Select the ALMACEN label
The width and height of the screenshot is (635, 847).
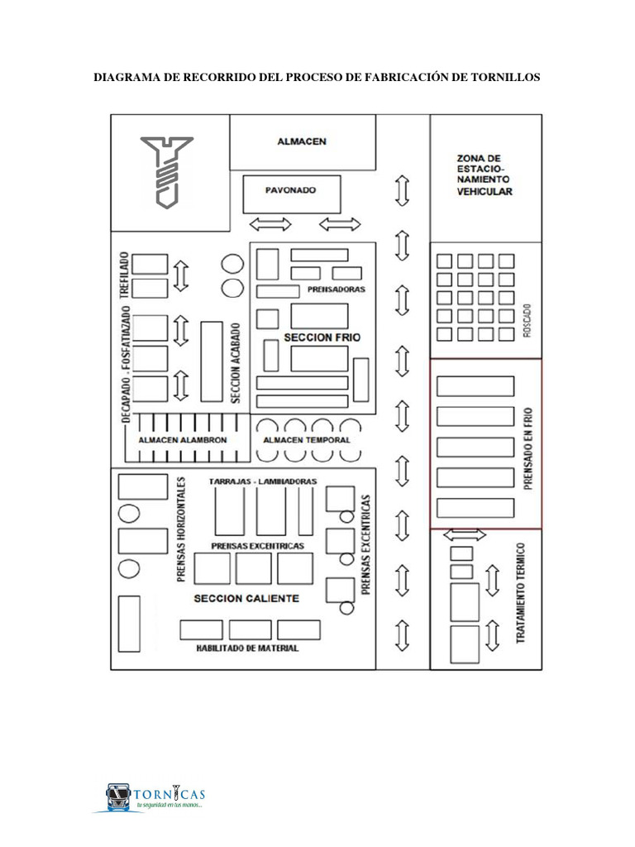click(x=302, y=141)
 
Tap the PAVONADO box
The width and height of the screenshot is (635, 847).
click(x=292, y=194)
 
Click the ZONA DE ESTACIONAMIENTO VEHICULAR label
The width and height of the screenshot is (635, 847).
click(x=485, y=175)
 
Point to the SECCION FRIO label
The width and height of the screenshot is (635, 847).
click(x=322, y=337)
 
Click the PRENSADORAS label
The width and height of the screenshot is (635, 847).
click(x=337, y=290)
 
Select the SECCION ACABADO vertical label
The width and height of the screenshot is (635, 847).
click(x=236, y=363)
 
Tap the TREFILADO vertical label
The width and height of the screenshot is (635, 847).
click(x=125, y=275)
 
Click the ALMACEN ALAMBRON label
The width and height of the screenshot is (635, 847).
click(x=183, y=440)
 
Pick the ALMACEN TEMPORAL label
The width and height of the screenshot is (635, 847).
click(x=307, y=440)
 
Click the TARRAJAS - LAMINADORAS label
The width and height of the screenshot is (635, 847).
click(x=263, y=481)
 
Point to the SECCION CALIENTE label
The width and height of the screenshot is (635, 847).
click(x=246, y=599)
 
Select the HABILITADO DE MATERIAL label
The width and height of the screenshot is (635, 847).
click(x=247, y=648)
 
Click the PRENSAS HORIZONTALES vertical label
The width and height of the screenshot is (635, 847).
click(x=181, y=529)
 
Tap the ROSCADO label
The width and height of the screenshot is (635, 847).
click(x=528, y=320)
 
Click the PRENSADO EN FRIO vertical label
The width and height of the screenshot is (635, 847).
click(x=528, y=449)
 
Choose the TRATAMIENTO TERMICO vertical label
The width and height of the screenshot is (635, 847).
click(x=521, y=593)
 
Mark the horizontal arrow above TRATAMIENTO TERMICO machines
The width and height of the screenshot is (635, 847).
click(x=465, y=535)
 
